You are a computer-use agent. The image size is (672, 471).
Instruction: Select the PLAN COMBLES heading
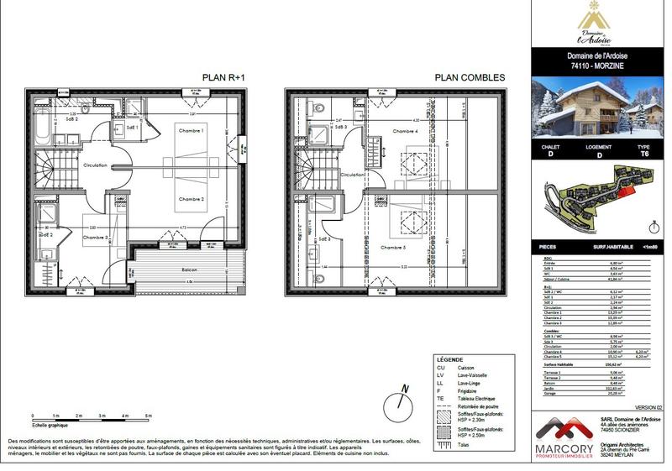(x=470, y=77)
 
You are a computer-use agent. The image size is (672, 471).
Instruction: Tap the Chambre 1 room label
(x=191, y=132)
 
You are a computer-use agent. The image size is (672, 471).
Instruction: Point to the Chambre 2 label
(x=191, y=199)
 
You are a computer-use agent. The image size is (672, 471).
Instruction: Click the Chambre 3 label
(x=96, y=238)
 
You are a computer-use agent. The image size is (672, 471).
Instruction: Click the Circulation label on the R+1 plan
(x=95, y=165)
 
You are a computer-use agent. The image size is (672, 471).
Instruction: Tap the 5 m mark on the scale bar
(x=148, y=416)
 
